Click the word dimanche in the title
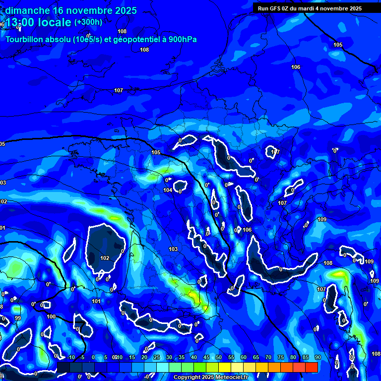[x=27, y=10]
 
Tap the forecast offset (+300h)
[x=88, y=22]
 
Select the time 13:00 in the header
[x=21, y=22]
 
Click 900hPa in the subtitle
[x=182, y=39]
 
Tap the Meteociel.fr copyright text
[x=210, y=378]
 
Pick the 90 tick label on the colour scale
[x=317, y=358]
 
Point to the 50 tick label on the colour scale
[x=219, y=358]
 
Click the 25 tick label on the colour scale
[x=157, y=358]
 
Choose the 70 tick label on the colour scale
[x=268, y=358]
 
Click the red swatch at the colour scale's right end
[x=312, y=367]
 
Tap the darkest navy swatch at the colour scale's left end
[x=63, y=367]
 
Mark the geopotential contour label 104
[x=168, y=190]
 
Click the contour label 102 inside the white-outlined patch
[x=105, y=258]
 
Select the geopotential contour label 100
[x=51, y=317]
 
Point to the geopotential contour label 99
[x=18, y=318]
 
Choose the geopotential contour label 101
[x=96, y=301]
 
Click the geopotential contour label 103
[x=173, y=249]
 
